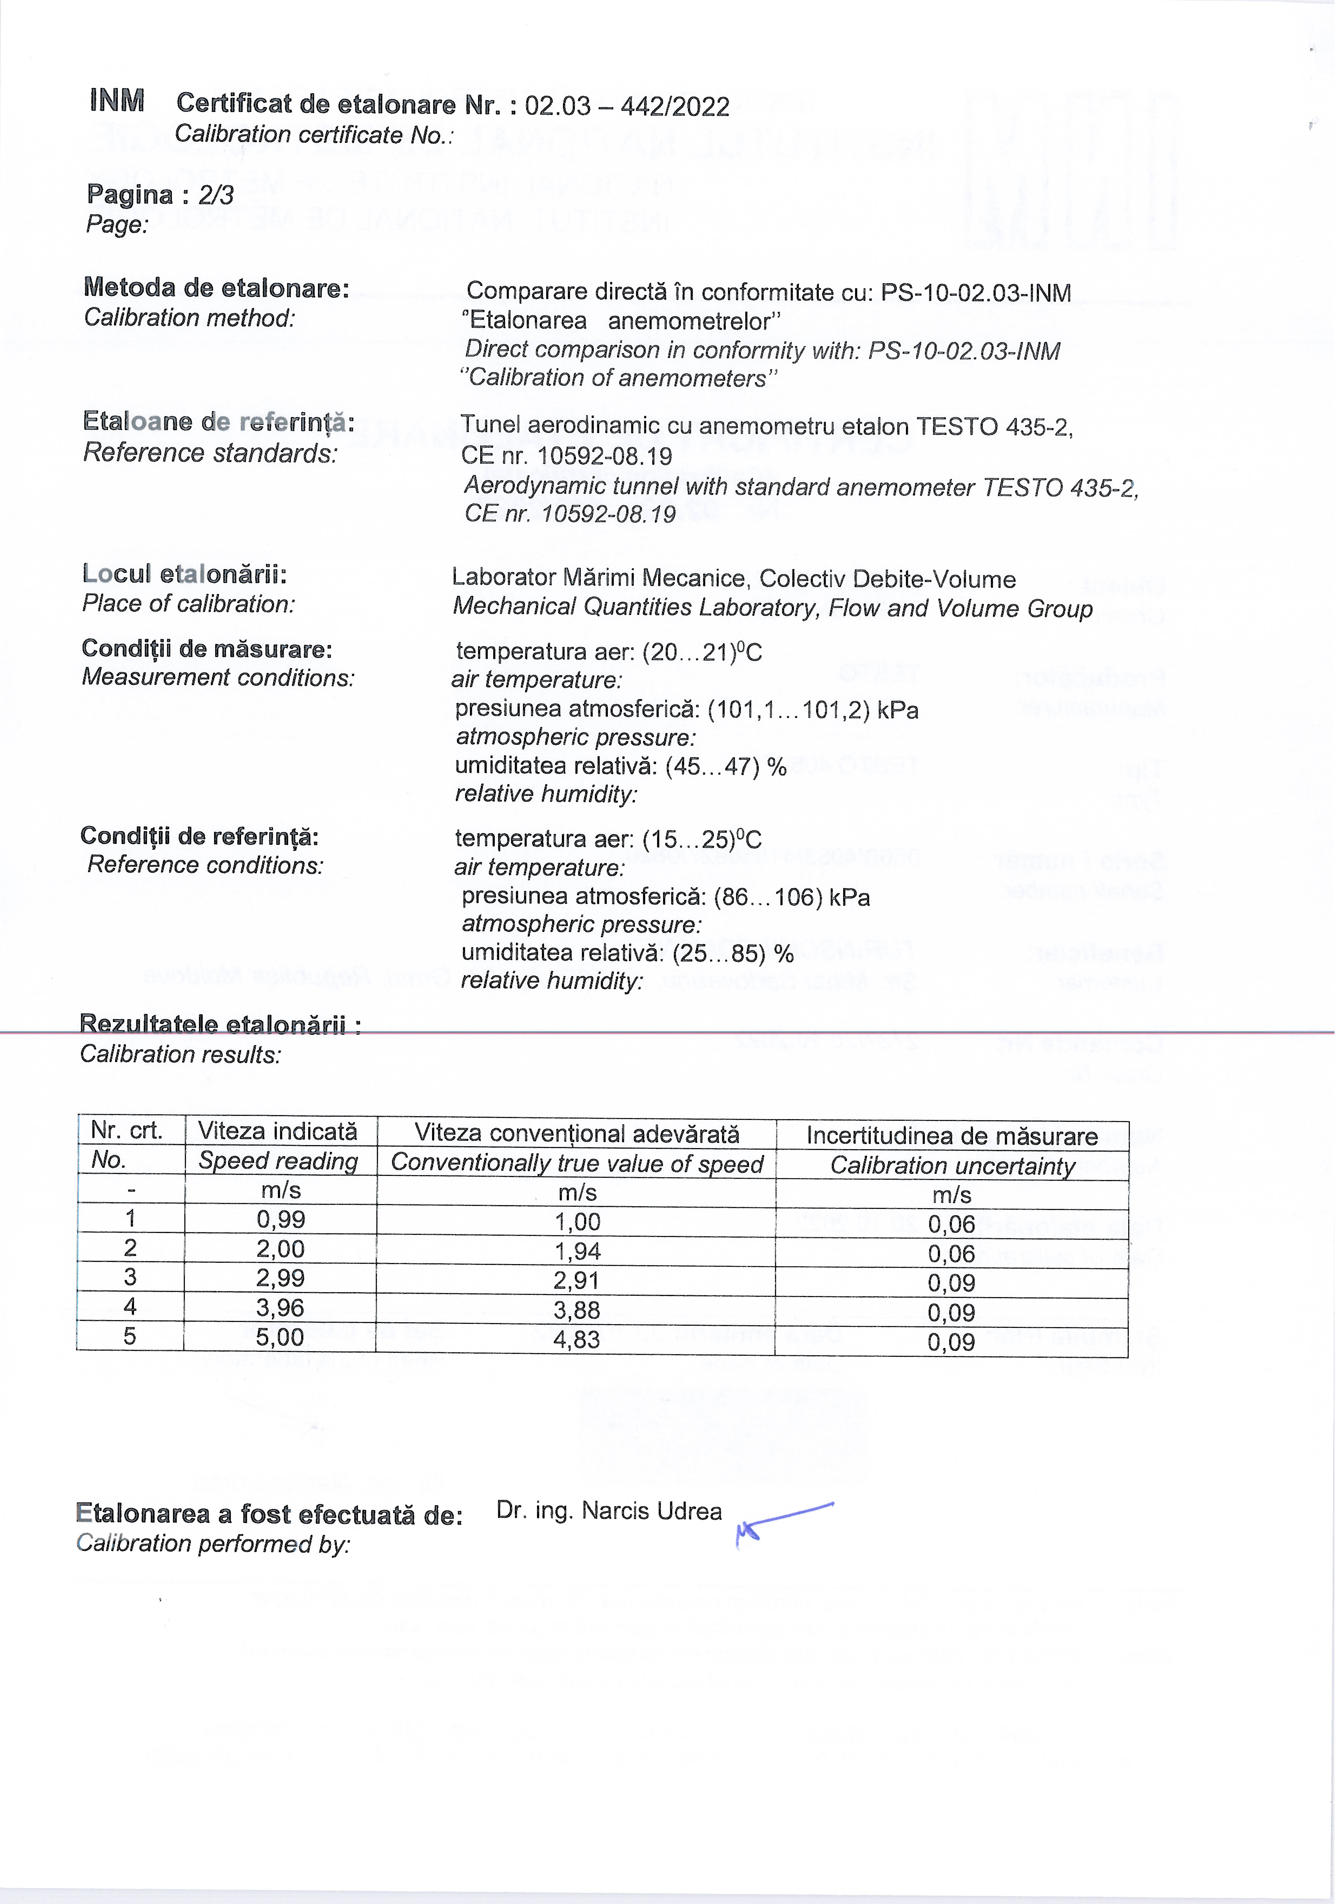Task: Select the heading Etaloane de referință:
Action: click(x=218, y=422)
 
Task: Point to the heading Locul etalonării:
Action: click(x=184, y=574)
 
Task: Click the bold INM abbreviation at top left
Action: click(x=117, y=101)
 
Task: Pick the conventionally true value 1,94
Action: click(x=577, y=1251)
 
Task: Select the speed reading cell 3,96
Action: click(x=280, y=1308)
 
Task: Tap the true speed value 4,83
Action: click(x=577, y=1339)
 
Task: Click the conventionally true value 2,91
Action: click(x=577, y=1280)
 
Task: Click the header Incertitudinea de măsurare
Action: click(x=952, y=1136)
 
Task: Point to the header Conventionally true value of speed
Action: click(x=577, y=1163)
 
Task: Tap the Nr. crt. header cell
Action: click(x=127, y=1130)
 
